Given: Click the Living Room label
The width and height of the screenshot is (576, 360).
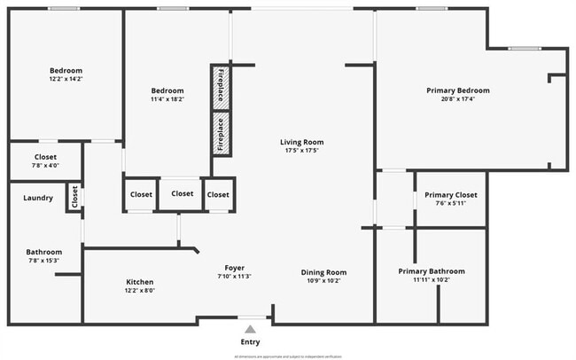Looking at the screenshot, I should (x=301, y=142).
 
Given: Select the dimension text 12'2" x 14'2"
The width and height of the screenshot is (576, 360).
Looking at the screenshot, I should (x=66, y=80).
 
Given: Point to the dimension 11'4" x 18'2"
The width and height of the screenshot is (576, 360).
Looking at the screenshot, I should (x=167, y=100).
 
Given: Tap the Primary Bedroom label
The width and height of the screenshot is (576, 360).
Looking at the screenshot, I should (x=457, y=90).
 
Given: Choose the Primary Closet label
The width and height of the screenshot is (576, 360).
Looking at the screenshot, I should (x=450, y=195).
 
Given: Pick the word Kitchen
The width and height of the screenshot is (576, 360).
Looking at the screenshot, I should (x=139, y=282).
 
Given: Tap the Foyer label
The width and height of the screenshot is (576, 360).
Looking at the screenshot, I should (x=234, y=268).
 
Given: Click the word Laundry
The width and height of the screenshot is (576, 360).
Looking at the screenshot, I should (x=38, y=198).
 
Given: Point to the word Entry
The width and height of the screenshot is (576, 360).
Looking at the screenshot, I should (x=251, y=341).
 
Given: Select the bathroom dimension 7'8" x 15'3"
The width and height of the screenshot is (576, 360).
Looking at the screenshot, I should (x=43, y=261).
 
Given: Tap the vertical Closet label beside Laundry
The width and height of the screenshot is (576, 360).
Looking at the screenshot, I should (x=74, y=198).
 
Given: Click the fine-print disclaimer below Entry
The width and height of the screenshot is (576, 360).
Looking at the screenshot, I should (x=287, y=356).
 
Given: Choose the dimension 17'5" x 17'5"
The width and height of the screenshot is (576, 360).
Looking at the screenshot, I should (x=301, y=151).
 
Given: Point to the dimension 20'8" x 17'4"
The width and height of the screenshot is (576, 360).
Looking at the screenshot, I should (x=457, y=99).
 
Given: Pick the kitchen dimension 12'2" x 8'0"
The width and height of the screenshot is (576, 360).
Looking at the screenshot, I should (x=139, y=291).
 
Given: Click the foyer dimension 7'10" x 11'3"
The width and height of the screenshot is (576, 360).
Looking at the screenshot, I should (x=234, y=277).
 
